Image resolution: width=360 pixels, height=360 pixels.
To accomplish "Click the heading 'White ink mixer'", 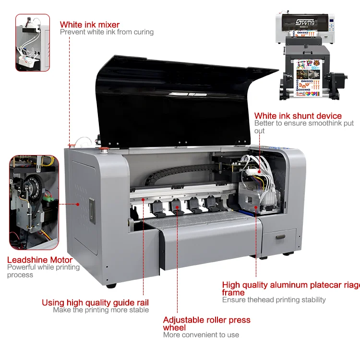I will pos(90,24).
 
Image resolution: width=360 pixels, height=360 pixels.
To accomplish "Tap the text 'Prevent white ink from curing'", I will pos(107,32).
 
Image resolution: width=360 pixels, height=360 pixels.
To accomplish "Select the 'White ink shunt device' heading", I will pos(298,116).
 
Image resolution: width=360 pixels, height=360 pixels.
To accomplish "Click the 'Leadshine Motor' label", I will pos(40,260).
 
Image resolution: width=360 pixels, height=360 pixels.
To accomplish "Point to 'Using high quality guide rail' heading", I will pos(95,302).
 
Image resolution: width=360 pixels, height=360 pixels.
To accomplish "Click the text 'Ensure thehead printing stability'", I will pos(274,300).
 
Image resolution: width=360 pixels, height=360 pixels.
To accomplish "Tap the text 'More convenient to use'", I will pos(201,335).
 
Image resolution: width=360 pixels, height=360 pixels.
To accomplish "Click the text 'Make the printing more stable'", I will pos(101,310).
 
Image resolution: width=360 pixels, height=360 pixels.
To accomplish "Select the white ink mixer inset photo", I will pos(33,42).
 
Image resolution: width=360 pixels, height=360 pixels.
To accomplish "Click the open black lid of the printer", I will pos(182,96).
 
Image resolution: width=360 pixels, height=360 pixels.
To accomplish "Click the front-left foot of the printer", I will pos(111,285).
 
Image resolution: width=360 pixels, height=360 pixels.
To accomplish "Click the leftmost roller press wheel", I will pos(156,205).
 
